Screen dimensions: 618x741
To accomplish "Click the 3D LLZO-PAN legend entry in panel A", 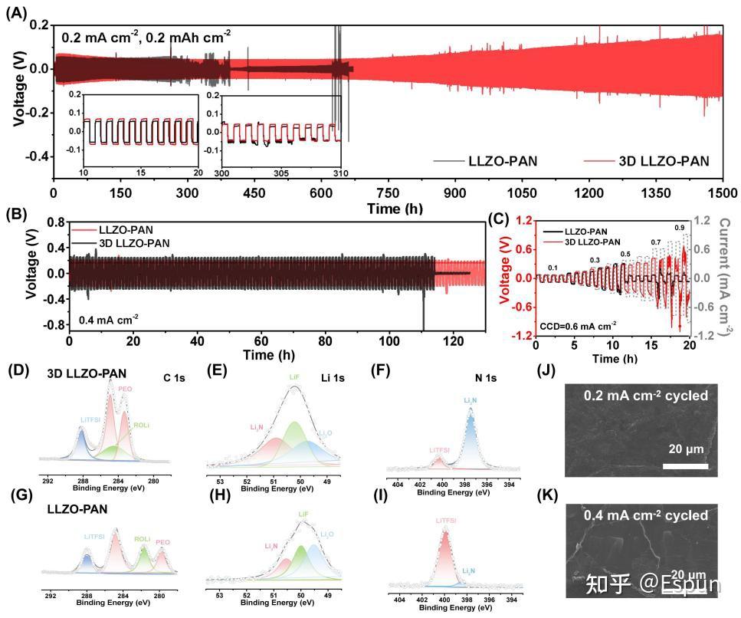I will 663,161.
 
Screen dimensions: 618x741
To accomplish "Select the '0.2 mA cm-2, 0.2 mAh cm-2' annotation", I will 146,35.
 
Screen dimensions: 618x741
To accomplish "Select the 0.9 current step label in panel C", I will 679,228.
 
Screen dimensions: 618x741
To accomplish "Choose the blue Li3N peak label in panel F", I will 470,401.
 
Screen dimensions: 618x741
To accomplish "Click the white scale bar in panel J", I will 684,465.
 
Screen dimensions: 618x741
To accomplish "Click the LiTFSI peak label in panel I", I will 445,521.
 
